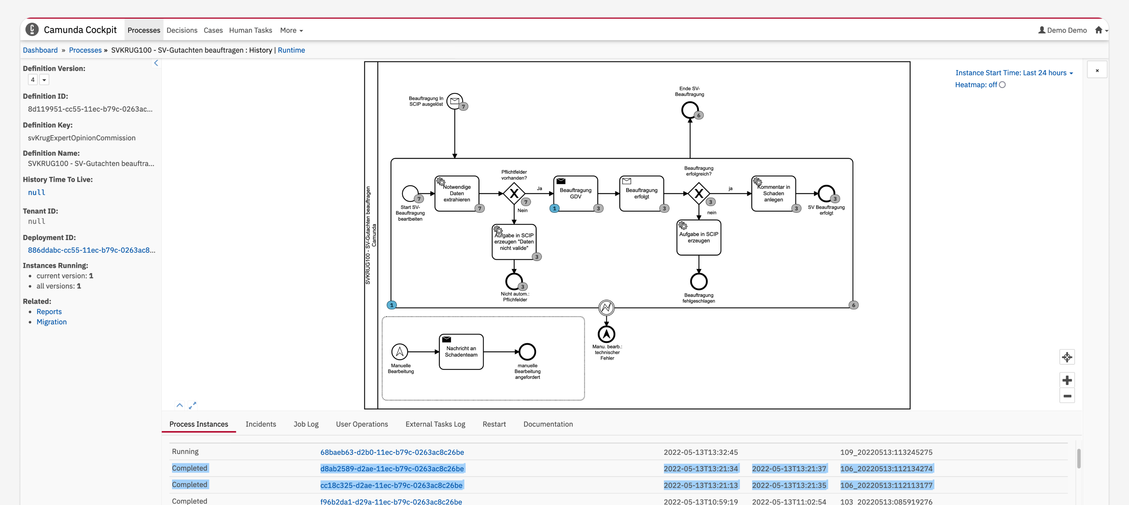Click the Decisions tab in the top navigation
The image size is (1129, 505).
pyautogui.click(x=182, y=30)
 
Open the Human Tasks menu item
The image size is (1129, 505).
pyautogui.click(x=250, y=30)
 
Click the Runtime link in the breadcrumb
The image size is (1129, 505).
pyautogui.click(x=292, y=50)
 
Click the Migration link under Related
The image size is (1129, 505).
pyautogui.click(x=52, y=322)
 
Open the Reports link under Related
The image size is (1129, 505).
pyautogui.click(x=49, y=311)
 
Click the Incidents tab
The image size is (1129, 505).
pyautogui.click(x=261, y=424)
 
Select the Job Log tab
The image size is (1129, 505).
pyautogui.click(x=306, y=424)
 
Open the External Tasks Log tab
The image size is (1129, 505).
pyautogui.click(x=435, y=424)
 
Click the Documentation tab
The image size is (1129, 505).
pyautogui.click(x=548, y=424)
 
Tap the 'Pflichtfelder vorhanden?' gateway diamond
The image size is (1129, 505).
pyautogui.click(x=514, y=193)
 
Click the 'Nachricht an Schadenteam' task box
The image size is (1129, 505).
pyautogui.click(x=461, y=352)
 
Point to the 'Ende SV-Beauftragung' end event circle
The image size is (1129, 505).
pyautogui.click(x=690, y=110)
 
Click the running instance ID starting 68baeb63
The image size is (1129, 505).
pyautogui.click(x=392, y=452)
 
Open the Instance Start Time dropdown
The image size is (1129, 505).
pyautogui.click(x=1014, y=73)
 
